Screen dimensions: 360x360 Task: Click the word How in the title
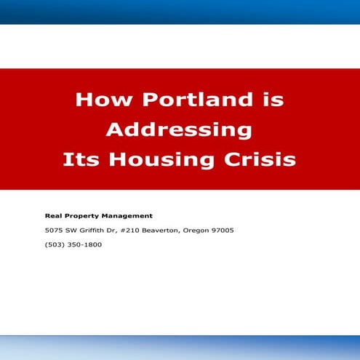(97, 100)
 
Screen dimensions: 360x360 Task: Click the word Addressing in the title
(179, 129)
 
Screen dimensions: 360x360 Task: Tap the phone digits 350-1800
(84, 244)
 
